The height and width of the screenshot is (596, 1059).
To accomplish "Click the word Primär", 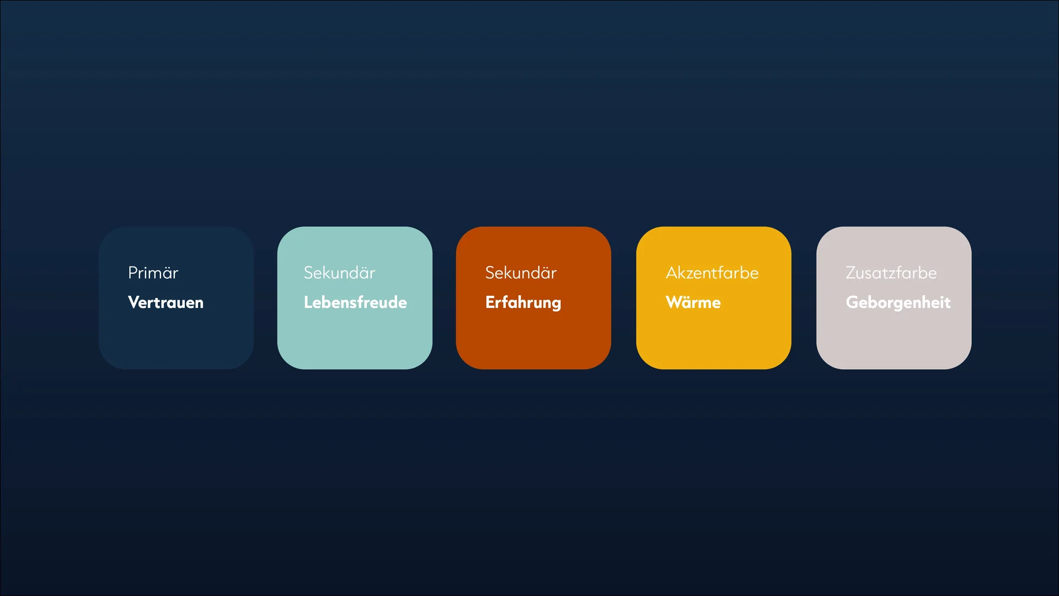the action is (x=153, y=273).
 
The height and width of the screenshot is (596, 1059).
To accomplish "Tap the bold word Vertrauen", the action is (x=165, y=302).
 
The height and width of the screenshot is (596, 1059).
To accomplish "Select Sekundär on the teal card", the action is (x=339, y=273).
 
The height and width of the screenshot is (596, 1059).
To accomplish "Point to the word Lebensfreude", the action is (x=355, y=302).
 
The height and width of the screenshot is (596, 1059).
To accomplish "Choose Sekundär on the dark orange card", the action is (x=521, y=273).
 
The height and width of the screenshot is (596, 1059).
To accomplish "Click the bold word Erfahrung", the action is (x=523, y=303).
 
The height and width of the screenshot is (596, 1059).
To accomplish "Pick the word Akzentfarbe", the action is (x=712, y=273).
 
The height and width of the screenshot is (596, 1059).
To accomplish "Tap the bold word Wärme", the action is (x=693, y=302).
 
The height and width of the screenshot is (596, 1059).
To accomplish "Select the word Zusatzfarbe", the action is (x=891, y=273).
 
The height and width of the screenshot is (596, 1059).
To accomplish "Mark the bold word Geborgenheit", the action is (x=898, y=303).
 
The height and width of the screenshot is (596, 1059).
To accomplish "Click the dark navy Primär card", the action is (x=176, y=298).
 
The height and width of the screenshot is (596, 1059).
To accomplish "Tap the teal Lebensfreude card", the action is (x=355, y=298).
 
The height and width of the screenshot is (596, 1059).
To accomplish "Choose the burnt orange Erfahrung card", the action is (x=533, y=298).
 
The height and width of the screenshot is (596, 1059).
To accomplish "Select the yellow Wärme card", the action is (x=714, y=298).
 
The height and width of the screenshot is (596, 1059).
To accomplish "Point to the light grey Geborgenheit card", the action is (x=894, y=298).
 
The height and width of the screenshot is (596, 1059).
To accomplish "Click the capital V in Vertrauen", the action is (x=134, y=302).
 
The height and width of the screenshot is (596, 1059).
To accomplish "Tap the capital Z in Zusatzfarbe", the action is (x=852, y=273).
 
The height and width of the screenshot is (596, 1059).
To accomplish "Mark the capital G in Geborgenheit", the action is (x=853, y=302).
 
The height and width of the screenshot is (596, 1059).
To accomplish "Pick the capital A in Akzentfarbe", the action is (x=672, y=273).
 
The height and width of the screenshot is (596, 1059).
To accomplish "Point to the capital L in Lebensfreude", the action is (x=308, y=302).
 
